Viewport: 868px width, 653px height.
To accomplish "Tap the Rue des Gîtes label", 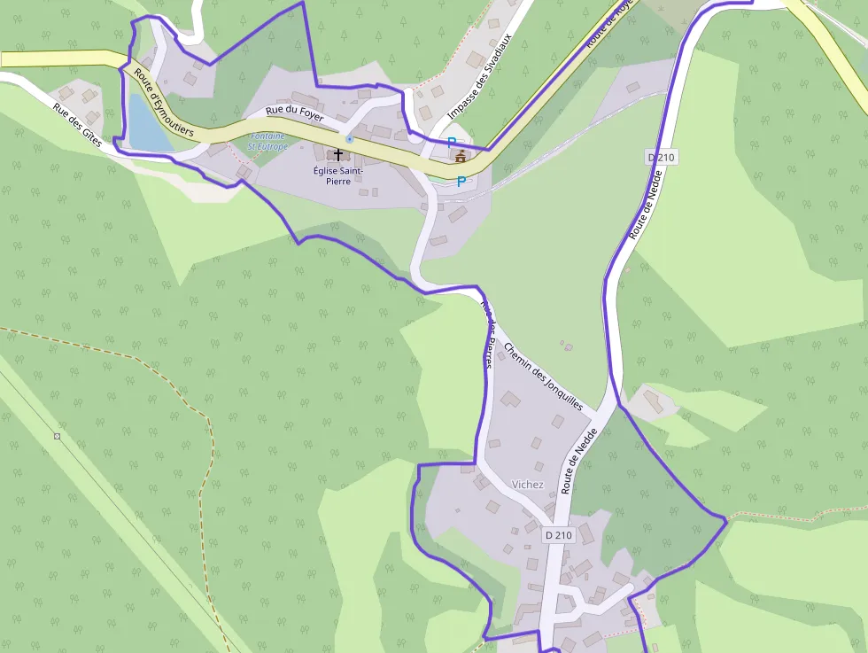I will point(77,125).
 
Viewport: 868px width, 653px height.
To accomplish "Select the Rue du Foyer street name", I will point(295,115).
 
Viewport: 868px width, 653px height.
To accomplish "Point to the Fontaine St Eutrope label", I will point(267,141).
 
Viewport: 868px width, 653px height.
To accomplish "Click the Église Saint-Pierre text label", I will point(337,175).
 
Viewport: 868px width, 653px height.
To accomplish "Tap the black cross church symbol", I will point(338,154).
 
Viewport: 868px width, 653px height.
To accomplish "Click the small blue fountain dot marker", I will point(350,139).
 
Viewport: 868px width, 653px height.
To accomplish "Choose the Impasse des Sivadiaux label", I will point(479,85).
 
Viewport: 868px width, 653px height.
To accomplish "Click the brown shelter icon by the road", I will point(460,156).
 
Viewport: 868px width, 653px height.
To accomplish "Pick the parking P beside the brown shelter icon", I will point(451,142).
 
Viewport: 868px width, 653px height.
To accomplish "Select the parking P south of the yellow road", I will point(461,182).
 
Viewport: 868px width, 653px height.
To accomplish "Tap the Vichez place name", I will point(528,485).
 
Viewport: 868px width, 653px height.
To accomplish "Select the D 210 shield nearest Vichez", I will point(559,535).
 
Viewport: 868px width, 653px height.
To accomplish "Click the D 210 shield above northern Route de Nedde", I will point(661,158).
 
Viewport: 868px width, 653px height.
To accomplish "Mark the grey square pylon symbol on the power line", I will point(58,436).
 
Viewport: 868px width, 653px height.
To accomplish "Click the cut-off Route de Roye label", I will point(611,30).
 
